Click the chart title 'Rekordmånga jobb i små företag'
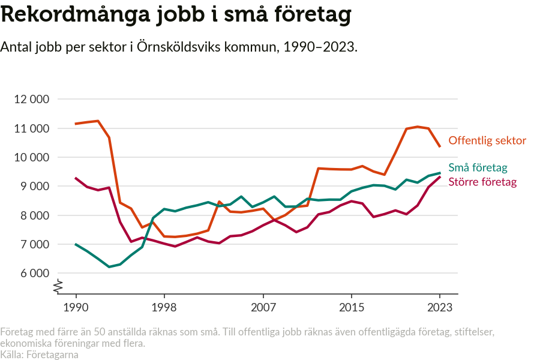[176, 16]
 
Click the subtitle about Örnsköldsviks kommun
[179, 47]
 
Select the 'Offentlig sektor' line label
[487, 140]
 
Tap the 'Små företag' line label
[478, 168]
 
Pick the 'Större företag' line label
[482, 181]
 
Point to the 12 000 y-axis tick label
[31, 100]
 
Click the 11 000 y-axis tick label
[31, 128]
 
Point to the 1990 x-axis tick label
[76, 307]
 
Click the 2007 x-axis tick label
[263, 307]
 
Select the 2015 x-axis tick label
[352, 307]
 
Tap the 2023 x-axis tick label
[440, 307]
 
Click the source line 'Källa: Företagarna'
[40, 355]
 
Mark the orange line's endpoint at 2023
[440, 146]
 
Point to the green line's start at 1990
[76, 244]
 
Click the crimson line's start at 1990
[76, 178]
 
